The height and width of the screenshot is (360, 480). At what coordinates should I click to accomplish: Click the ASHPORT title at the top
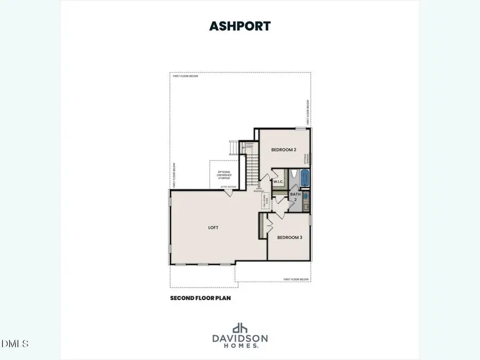tap(240, 25)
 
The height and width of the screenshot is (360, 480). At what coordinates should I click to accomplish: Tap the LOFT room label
tap(213, 228)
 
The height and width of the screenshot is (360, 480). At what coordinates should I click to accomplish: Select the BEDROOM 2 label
tap(284, 150)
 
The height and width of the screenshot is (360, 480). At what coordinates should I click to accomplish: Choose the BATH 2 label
tap(295, 197)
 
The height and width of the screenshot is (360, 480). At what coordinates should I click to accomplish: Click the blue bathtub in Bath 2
tap(305, 178)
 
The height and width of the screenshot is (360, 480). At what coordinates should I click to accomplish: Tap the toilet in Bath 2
tap(294, 175)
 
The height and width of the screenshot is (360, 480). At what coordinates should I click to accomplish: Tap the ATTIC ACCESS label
tap(229, 187)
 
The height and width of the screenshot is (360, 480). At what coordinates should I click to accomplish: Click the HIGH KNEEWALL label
tap(260, 190)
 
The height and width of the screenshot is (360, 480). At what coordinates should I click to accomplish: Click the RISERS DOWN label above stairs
tap(249, 145)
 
